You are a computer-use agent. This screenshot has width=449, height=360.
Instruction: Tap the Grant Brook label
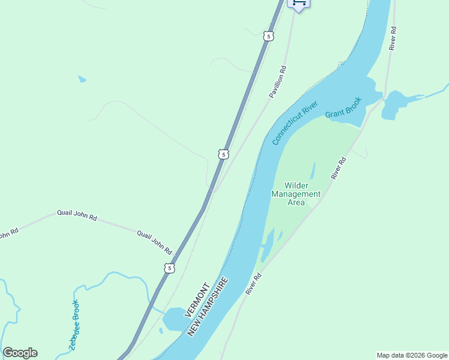point(343,107)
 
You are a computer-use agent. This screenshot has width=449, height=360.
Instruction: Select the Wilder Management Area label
point(296,194)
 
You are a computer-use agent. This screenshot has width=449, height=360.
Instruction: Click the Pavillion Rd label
point(277,82)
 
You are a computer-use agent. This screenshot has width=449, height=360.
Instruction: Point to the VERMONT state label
point(196,299)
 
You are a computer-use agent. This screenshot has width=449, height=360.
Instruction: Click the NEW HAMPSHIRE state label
point(208,306)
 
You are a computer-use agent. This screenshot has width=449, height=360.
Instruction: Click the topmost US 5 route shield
point(268,36)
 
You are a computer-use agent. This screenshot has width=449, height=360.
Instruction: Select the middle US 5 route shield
point(223,154)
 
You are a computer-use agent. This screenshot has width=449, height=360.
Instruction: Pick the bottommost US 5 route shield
point(170,268)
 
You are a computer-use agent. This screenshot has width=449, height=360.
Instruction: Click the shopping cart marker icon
point(299,4)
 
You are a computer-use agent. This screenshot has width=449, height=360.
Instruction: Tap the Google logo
point(20,353)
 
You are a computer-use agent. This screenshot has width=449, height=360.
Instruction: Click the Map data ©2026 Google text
point(412,355)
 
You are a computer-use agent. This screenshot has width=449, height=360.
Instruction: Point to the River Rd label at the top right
point(393,38)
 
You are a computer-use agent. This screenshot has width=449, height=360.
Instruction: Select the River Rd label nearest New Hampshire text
point(254,284)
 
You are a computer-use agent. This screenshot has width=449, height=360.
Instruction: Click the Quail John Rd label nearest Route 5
point(154,242)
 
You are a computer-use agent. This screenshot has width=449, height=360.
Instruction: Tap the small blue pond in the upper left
point(82,79)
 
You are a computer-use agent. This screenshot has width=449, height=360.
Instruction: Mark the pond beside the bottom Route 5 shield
point(174,319)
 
